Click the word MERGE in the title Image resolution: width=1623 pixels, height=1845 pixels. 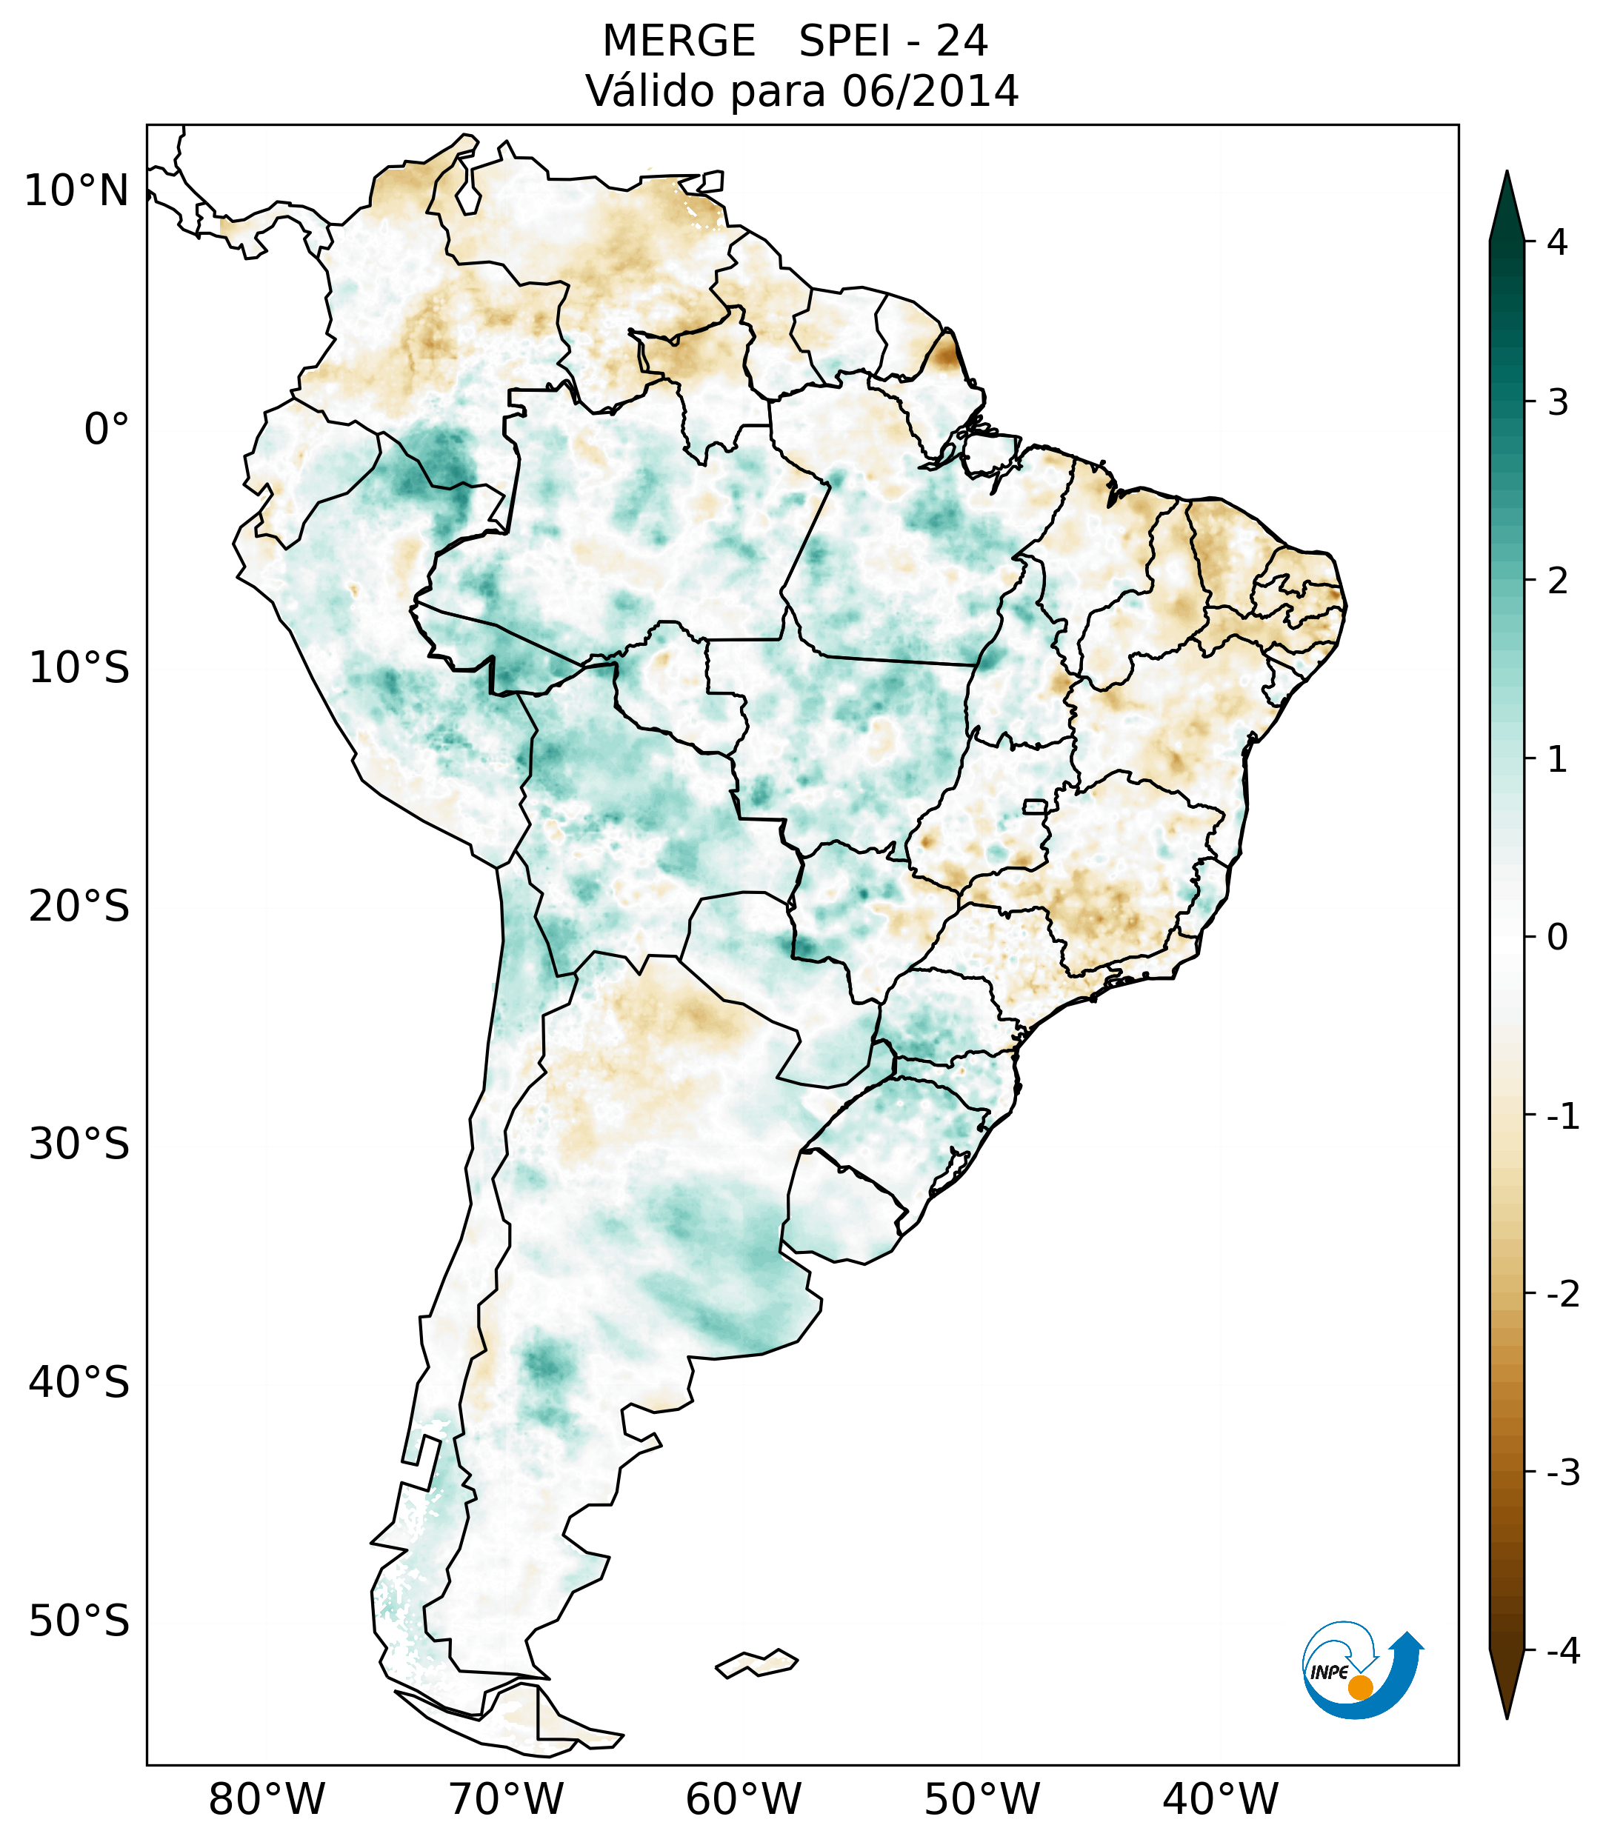(678, 41)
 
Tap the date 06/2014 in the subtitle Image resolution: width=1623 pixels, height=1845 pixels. (930, 91)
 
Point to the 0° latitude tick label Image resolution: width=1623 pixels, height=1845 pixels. (107, 430)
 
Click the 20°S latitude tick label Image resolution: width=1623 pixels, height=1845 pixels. (79, 907)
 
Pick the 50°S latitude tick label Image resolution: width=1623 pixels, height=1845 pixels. (79, 1622)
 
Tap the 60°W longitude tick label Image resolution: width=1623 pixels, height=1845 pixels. (743, 1799)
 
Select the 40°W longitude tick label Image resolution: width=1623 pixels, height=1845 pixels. (1221, 1799)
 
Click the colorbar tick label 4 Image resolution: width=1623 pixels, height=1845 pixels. (1557, 242)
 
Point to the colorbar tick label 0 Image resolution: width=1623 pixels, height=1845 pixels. (1557, 938)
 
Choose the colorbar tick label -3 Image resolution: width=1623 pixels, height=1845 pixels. (1562, 1472)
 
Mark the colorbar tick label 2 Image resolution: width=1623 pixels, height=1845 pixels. (1557, 581)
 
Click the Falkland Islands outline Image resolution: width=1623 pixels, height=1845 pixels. (756, 1663)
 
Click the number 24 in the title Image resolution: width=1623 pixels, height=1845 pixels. (962, 41)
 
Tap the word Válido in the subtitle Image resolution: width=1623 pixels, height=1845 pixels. (650, 91)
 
